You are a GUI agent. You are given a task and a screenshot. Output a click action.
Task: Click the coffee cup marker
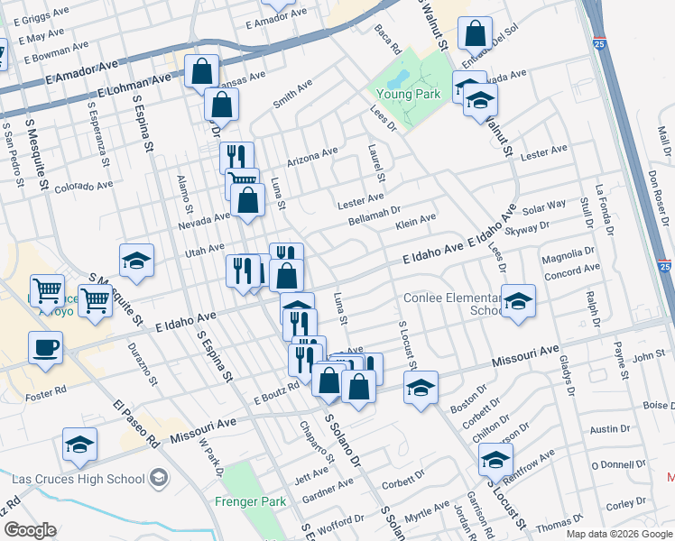click(45, 348)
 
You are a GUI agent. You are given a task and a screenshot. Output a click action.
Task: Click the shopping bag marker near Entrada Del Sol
click(475, 34)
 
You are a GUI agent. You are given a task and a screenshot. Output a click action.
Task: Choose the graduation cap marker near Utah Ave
click(136, 261)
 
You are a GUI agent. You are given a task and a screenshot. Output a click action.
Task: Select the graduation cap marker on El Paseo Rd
click(79, 445)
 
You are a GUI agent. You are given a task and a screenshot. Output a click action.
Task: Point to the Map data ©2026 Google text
click(617, 534)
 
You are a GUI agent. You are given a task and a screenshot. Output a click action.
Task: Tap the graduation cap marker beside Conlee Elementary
click(518, 302)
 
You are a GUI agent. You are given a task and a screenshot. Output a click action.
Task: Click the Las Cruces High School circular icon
click(160, 476)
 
